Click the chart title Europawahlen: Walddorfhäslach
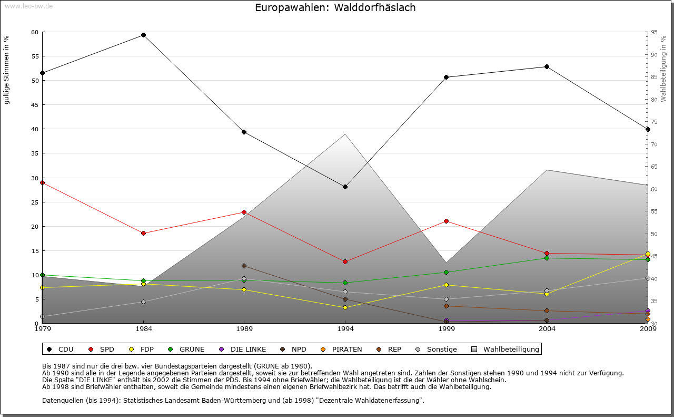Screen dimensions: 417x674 (335, 8)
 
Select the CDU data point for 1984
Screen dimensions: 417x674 (143, 35)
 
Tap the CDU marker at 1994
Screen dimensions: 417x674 (345, 187)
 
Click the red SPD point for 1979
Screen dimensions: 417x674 (42, 182)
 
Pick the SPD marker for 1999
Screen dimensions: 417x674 (446, 221)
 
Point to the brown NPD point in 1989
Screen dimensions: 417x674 (244, 266)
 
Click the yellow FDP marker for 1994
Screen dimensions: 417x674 (345, 307)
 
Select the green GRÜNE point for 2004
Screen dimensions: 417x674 (547, 258)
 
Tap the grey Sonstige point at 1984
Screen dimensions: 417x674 (143, 302)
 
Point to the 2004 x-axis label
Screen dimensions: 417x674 (547, 329)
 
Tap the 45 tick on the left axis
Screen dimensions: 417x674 (34, 105)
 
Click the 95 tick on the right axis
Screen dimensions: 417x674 (653, 33)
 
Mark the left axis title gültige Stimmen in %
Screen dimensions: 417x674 (7, 70)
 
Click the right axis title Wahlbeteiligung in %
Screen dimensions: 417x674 (663, 69)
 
